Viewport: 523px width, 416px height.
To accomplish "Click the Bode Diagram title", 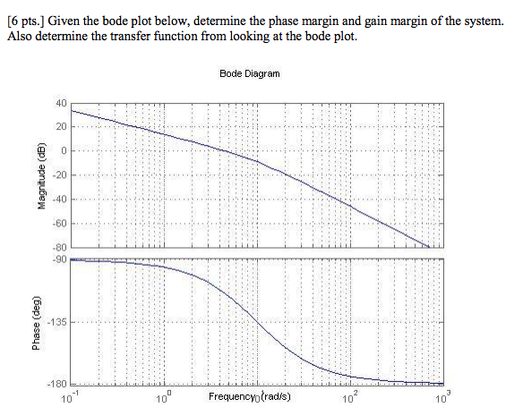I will tap(249, 74).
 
